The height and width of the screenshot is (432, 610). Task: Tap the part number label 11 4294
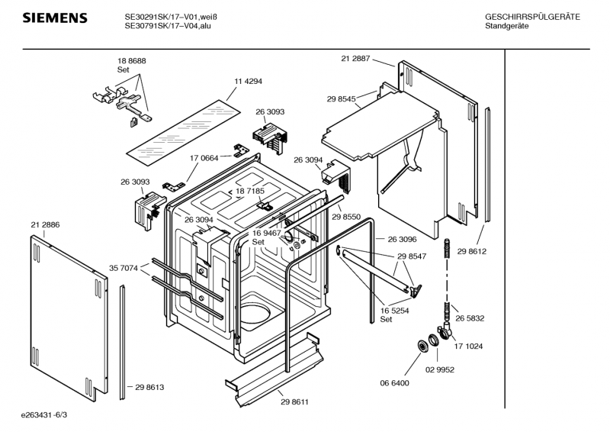pyautogui.click(x=249, y=81)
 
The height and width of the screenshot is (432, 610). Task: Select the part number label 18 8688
pyautogui.click(x=131, y=60)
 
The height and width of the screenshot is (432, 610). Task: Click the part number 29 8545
pyautogui.click(x=342, y=99)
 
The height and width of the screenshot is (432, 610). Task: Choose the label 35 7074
pyautogui.click(x=124, y=268)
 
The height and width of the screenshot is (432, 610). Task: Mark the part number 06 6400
pyautogui.click(x=395, y=382)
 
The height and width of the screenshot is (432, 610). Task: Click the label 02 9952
pyautogui.click(x=440, y=369)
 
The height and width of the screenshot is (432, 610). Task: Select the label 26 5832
pyautogui.click(x=470, y=318)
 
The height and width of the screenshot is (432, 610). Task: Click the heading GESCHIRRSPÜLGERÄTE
pyautogui.click(x=532, y=17)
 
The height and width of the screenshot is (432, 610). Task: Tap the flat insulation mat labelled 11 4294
pyautogui.click(x=183, y=125)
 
